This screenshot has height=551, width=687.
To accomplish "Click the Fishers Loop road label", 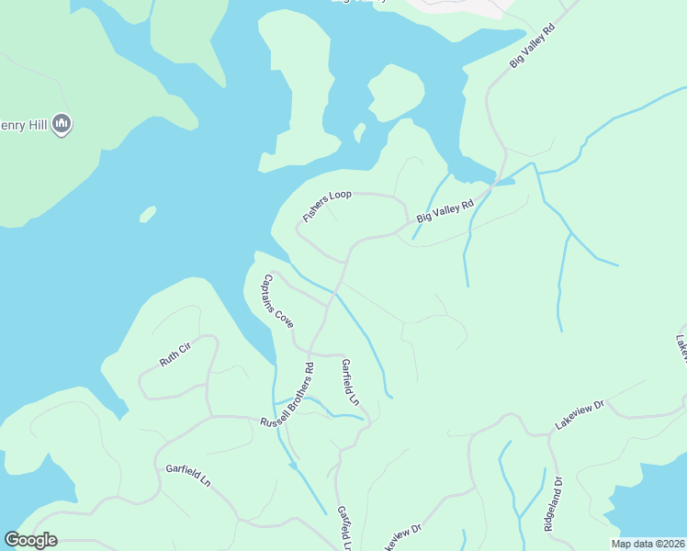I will coord(328,206).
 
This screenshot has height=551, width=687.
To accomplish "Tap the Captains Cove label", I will coord(277,302).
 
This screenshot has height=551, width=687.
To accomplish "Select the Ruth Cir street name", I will coord(175,354).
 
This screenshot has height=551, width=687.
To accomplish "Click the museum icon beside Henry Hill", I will coord(62,122).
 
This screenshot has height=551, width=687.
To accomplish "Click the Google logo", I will coord(30,540).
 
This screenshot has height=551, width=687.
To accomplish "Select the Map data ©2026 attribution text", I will coord(648,544).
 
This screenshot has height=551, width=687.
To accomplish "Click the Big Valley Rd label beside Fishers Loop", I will coord(445,211).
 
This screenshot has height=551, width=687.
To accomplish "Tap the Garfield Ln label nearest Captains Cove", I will coord(349,382).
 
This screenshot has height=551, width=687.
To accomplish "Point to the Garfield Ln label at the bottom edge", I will coord(344,529).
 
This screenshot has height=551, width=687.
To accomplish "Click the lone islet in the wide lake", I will coord(147,214).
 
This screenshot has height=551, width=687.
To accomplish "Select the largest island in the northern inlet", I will coord(396,93).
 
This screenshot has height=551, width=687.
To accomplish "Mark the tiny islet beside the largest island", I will coord(360,133).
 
